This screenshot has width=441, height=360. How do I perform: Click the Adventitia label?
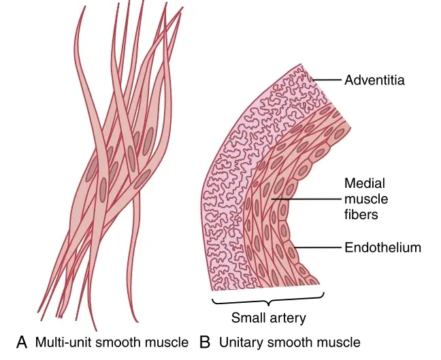pos(374,80)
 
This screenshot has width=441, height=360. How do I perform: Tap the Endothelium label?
pos(382,248)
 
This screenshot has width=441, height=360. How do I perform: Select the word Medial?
pos(365,183)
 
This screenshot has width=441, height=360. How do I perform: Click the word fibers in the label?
pos(361,214)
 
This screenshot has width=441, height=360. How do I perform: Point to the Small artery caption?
pos(268,318)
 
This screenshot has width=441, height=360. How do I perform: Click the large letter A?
pos(22,342)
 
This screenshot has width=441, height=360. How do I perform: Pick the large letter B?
pos(204,342)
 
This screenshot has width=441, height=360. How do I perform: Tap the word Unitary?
pos(241,343)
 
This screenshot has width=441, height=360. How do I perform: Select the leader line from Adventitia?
pos(327,80)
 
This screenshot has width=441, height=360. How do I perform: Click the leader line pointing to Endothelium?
pos(317,248)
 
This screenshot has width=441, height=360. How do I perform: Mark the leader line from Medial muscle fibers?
pos(306,199)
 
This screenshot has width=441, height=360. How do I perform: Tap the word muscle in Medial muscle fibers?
pos(366,199)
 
